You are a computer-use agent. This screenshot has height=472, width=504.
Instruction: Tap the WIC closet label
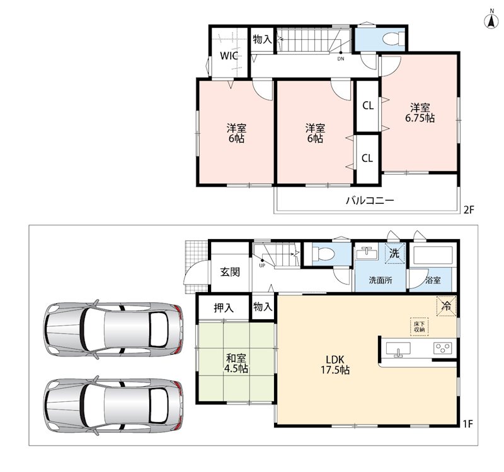point(229,56)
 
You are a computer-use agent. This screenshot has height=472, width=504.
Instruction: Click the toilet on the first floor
point(323,254)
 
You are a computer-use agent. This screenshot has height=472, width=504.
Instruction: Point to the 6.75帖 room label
point(420,113)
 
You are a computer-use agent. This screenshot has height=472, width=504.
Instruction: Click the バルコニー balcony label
point(370,201)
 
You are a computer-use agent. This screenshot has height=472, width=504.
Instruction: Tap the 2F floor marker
point(469,210)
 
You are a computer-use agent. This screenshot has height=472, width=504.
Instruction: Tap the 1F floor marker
point(467,424)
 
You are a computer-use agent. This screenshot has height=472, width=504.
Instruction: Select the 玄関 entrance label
point(230,272)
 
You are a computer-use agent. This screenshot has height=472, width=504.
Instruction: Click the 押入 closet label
point(224,308)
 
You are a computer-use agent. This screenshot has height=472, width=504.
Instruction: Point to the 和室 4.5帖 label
point(236,363)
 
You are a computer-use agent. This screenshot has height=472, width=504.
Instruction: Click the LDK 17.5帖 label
point(335,365)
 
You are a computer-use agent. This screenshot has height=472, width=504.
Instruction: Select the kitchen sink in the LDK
point(398,350)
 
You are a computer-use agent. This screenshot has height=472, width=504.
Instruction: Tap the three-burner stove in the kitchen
point(443,348)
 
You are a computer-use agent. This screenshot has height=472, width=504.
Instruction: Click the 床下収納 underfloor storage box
point(420,327)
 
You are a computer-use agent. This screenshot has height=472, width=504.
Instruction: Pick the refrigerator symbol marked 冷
point(446,305)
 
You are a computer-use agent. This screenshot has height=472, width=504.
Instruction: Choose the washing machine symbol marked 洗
point(394,254)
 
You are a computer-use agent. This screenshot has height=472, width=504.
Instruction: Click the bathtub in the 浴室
point(433,256)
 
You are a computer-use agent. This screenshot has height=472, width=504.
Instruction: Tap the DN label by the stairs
point(341,59)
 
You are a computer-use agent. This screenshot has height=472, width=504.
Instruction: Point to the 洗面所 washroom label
point(381,280)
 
